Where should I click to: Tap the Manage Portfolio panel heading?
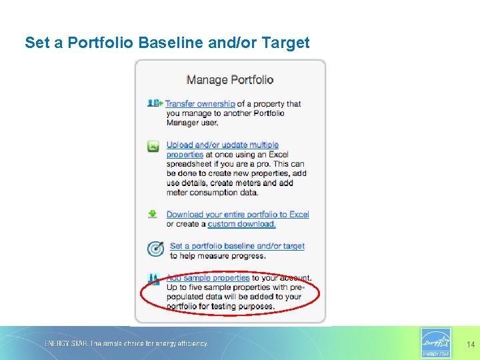coord(230,80)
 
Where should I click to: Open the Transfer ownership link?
coord(200,103)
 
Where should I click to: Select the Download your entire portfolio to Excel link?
coord(237,214)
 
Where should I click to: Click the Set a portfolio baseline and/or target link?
coord(237,246)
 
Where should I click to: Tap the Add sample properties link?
coord(208,277)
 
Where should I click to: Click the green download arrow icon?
coord(153,214)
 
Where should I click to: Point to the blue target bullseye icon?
coord(155,249)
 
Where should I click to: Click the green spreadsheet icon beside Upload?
coord(153,145)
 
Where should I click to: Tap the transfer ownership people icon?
coord(154,103)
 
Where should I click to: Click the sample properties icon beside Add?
coord(154,279)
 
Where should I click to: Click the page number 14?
coord(471,345)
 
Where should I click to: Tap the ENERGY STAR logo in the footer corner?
coord(436,343)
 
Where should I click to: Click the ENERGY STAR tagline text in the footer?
coord(126,344)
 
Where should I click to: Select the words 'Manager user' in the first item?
coord(199,123)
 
